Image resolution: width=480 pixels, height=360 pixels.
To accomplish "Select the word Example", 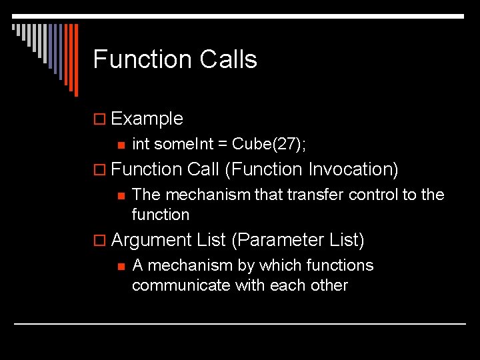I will click(147, 119).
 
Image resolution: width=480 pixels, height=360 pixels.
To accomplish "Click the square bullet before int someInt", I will click(120, 145).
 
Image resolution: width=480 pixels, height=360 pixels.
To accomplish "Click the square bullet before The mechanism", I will click(120, 195).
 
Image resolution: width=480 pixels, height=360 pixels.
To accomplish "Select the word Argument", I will click(151, 239).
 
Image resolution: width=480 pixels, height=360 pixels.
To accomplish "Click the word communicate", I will click(175, 285).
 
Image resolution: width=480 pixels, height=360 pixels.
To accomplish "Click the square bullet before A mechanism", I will click(120, 266).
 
